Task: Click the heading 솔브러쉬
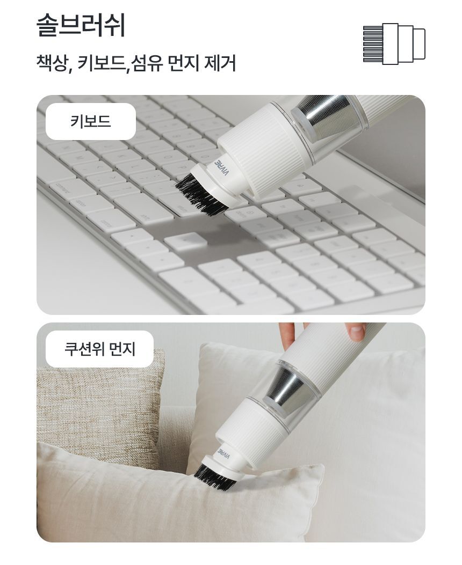pyautogui.click(x=81, y=25)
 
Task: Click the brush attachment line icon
pyautogui.click(x=394, y=44)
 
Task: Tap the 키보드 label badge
pyautogui.click(x=91, y=121)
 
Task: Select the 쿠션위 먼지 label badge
pyautogui.click(x=99, y=349)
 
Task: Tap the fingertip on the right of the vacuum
pyautogui.click(x=356, y=332)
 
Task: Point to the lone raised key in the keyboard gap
pyautogui.click(x=186, y=241)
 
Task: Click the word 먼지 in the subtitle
pyautogui.click(x=184, y=63)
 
